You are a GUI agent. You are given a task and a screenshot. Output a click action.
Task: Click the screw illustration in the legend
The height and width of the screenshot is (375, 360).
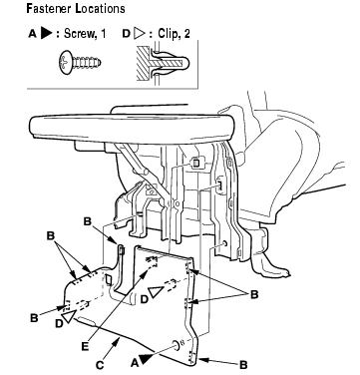(80, 63)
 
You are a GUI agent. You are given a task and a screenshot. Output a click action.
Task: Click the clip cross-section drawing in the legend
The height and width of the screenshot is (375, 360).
(163, 64)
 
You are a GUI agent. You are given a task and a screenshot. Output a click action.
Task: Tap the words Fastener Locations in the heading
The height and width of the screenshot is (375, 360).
(76, 9)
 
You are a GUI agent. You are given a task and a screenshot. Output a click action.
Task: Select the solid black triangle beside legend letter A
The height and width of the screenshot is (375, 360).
(47, 33)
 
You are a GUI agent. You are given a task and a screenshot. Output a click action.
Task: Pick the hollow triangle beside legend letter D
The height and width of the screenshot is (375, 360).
(140, 33)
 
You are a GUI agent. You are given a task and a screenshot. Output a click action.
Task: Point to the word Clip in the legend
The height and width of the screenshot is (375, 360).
(167, 33)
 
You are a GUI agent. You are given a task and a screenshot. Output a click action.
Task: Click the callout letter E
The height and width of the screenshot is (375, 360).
(85, 347)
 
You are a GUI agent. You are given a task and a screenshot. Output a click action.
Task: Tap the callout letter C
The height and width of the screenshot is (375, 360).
(100, 365)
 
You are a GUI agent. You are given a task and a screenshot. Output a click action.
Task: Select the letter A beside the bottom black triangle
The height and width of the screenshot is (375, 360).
(135, 363)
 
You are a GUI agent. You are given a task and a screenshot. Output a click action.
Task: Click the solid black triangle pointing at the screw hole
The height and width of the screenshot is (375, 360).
(146, 359)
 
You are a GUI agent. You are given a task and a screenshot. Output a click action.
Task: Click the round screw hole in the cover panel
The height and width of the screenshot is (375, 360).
(176, 345)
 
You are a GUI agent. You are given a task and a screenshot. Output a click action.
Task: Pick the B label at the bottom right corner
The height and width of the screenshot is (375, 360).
(243, 365)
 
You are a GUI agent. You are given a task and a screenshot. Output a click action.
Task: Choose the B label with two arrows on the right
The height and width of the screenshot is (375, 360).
(254, 294)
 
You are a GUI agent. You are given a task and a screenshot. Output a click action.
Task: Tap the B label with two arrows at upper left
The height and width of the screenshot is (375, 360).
(50, 235)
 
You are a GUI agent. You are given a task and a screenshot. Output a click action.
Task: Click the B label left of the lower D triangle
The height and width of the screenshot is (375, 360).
(34, 318)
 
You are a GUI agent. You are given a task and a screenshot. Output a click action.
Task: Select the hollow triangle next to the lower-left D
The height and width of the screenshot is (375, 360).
(68, 316)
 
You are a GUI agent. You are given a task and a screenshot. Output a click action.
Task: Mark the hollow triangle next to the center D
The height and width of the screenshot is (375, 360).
(155, 292)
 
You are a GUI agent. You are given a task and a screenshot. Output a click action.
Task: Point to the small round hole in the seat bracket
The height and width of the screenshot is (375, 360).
(226, 243)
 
